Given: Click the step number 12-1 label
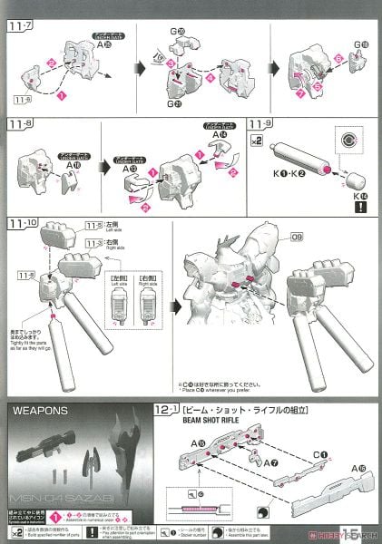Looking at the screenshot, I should coord(166,409).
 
